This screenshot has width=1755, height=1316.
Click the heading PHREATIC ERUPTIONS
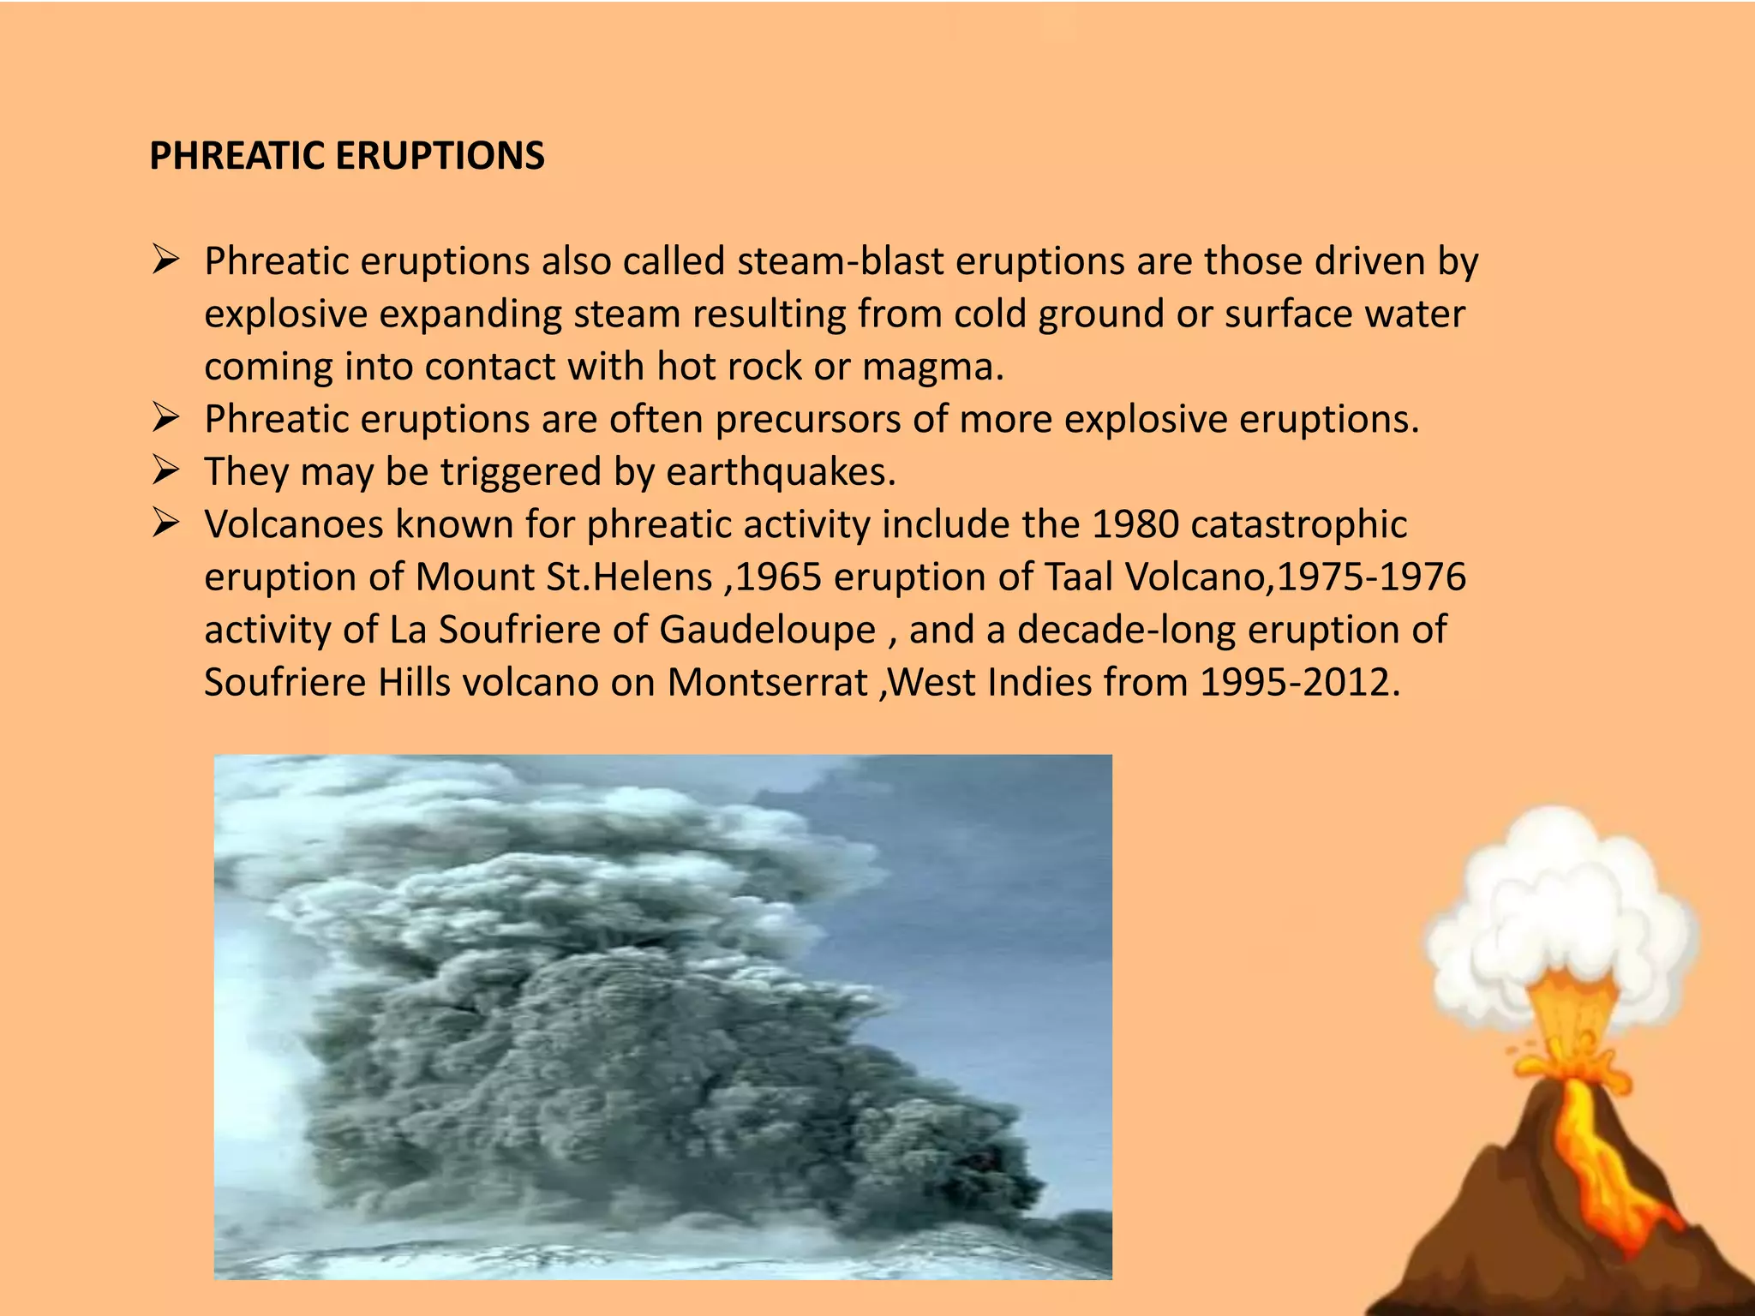346,156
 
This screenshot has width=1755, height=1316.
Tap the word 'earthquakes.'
781,472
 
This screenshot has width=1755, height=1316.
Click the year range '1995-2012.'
1299,683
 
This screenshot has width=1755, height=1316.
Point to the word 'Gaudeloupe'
767,630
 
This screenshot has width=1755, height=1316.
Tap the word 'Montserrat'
768,683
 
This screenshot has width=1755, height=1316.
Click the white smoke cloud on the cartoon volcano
1560,900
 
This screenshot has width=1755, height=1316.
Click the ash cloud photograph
662,1016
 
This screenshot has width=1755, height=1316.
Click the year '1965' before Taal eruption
778,577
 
